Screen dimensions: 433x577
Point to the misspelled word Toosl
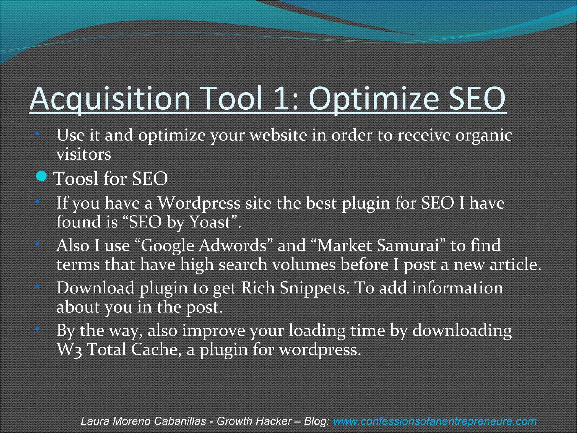(76, 178)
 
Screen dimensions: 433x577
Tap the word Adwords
(232, 246)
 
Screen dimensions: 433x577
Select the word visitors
(84, 154)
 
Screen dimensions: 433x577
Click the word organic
(483, 135)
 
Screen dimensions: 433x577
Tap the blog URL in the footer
(435, 421)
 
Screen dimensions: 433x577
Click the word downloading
(462, 331)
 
